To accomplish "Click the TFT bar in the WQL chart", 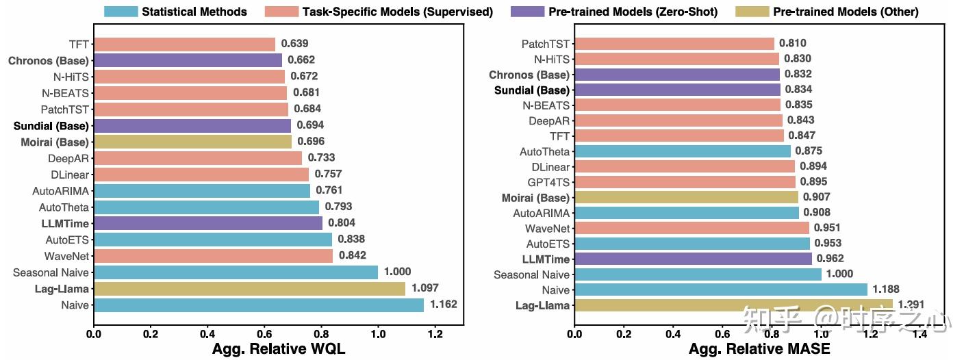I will point(184,44).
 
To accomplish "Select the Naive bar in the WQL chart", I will point(259,305).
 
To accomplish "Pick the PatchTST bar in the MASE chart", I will point(674,44).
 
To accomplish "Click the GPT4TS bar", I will point(685,182).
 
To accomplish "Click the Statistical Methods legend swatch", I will point(121,12).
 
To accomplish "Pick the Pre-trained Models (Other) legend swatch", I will point(751,12).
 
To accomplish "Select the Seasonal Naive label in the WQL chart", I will point(51,273).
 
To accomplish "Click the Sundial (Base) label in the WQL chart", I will point(51,126).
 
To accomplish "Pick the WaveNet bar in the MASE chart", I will point(691,228).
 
